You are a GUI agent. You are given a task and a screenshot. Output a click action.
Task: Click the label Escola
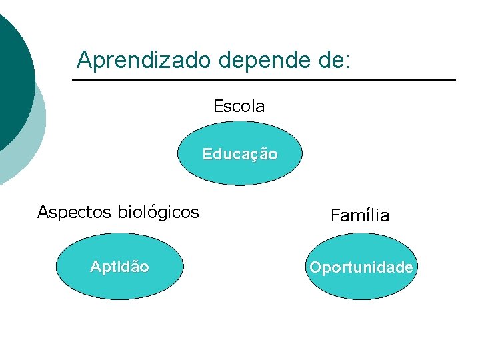[239, 106]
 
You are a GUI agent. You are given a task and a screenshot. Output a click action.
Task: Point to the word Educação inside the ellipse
[240, 154]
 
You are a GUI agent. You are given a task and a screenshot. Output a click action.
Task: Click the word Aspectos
[75, 213]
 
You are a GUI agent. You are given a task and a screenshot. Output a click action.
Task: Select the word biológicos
[158, 213]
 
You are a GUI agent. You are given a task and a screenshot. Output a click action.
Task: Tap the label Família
[360, 215]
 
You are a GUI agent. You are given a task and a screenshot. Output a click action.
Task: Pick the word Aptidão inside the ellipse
[119, 267]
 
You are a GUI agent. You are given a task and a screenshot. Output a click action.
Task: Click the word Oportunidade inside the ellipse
[361, 267]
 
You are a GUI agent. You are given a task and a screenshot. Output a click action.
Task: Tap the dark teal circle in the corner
[10, 73]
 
